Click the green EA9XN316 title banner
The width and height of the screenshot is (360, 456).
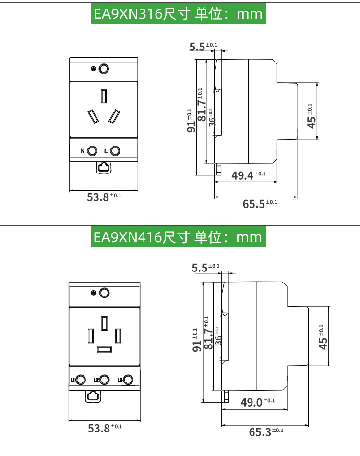coord(178,14)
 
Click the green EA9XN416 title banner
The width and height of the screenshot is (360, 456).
coord(178,237)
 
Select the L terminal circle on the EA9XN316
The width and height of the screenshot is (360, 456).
coord(115,151)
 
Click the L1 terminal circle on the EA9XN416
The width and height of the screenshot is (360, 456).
coord(81,380)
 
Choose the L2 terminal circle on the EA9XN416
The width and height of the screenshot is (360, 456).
coord(105,380)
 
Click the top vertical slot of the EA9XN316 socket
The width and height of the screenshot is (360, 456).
coord(104,97)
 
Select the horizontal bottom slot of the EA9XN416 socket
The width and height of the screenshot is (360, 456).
coord(105,349)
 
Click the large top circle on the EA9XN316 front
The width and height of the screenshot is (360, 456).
coord(104,69)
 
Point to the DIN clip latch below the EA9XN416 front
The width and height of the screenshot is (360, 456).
coord(93,396)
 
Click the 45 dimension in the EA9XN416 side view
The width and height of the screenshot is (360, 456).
coord(324,339)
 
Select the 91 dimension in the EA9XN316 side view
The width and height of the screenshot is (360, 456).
coord(191,122)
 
